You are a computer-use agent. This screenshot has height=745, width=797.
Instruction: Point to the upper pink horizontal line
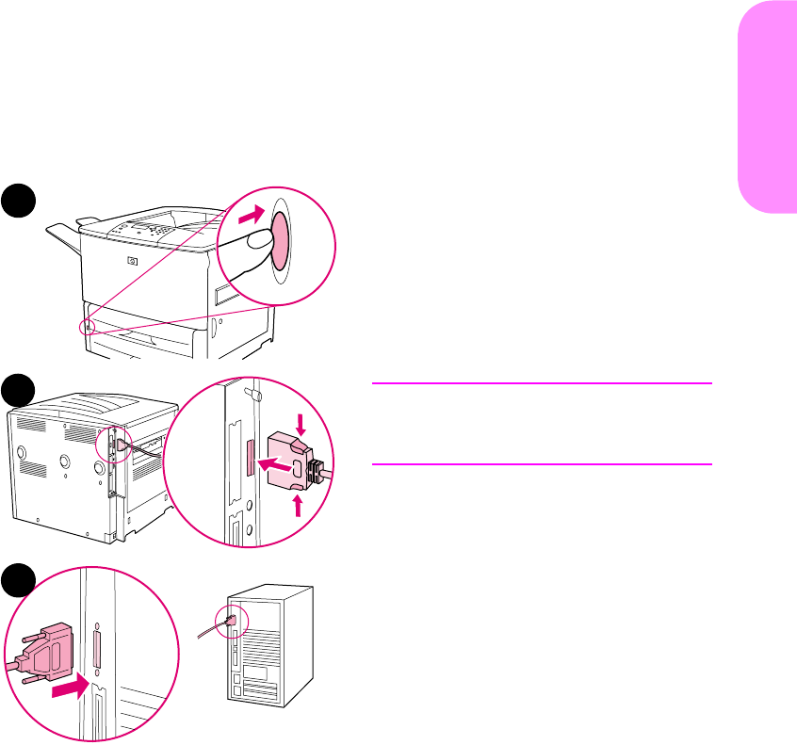point(541,383)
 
